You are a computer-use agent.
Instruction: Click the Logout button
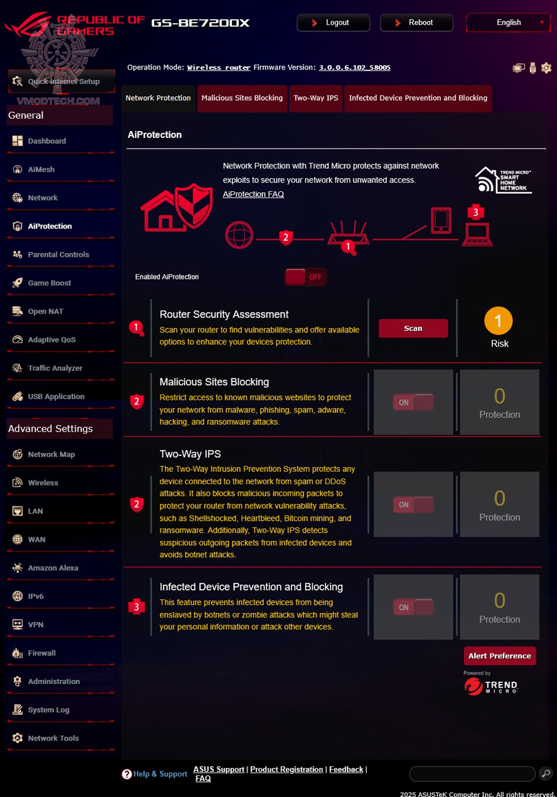333,23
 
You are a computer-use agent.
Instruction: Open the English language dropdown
509,23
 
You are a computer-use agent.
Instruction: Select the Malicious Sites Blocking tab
242,98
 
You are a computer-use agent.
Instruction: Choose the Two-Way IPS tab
316,98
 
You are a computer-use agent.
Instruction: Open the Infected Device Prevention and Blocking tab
418,98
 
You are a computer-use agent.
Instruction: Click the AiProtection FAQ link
253,194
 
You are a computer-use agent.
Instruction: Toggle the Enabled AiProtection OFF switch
305,277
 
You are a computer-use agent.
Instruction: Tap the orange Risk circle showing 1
498,321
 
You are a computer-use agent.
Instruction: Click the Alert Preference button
499,656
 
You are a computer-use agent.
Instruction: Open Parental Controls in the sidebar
58,254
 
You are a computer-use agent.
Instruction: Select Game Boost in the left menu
50,283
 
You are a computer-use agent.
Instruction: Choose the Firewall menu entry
42,653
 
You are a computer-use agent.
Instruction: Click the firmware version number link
354,68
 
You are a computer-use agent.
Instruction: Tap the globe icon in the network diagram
239,235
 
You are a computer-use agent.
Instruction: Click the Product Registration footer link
286,769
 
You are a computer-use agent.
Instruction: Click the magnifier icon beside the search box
546,773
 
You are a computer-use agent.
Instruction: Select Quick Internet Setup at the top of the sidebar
63,82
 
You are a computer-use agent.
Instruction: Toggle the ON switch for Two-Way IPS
413,505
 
